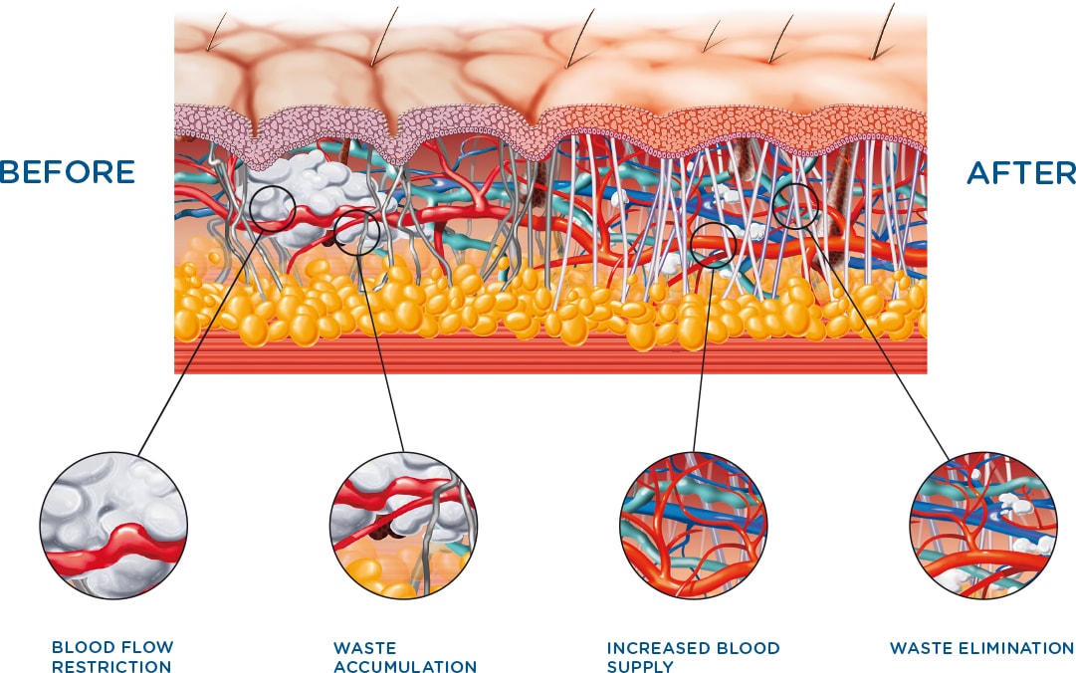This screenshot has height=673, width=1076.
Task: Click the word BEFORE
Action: coord(68,172)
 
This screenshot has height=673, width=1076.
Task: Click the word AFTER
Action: coord(1020,172)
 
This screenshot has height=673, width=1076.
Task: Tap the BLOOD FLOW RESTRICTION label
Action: coord(111,657)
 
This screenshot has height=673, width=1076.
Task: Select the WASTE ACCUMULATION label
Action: coord(404,657)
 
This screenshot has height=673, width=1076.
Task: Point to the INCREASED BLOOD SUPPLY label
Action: coord(693,657)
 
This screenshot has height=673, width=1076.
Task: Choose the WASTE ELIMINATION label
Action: coord(981,648)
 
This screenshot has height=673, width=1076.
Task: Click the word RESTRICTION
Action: coord(111,667)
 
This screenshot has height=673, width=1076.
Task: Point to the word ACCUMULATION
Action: coord(404,667)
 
